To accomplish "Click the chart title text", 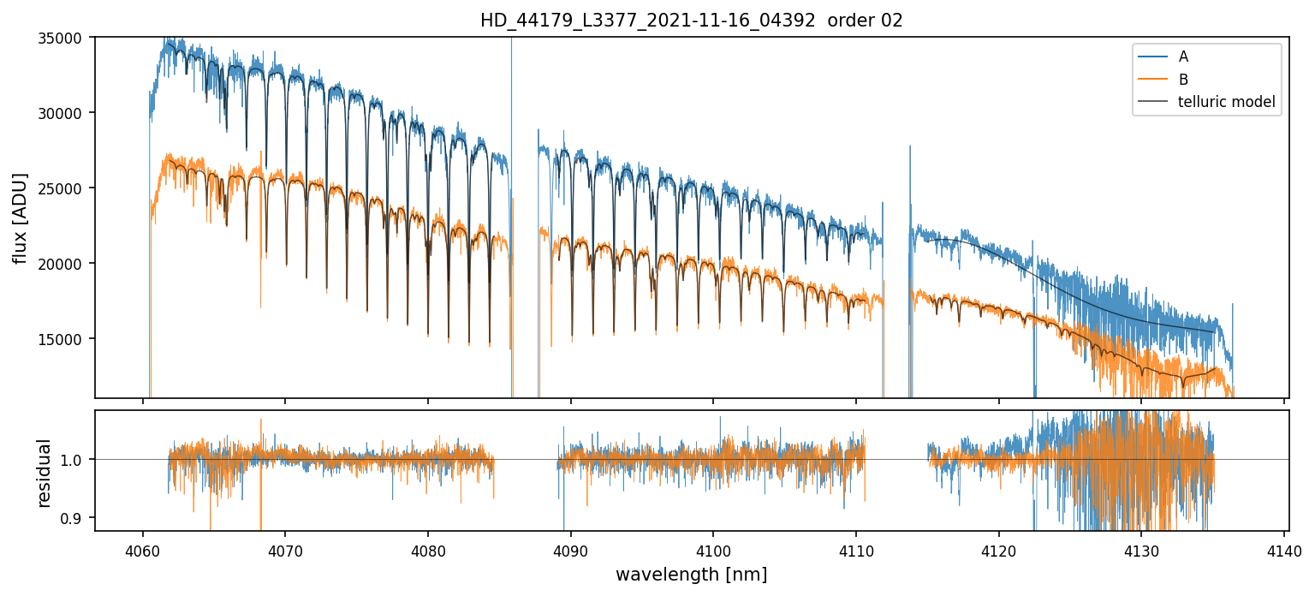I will (691, 21).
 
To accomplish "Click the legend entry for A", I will (1183, 57).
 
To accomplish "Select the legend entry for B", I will (1183, 80).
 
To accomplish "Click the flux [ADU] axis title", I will (21, 218).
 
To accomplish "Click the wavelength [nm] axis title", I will (691, 574).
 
